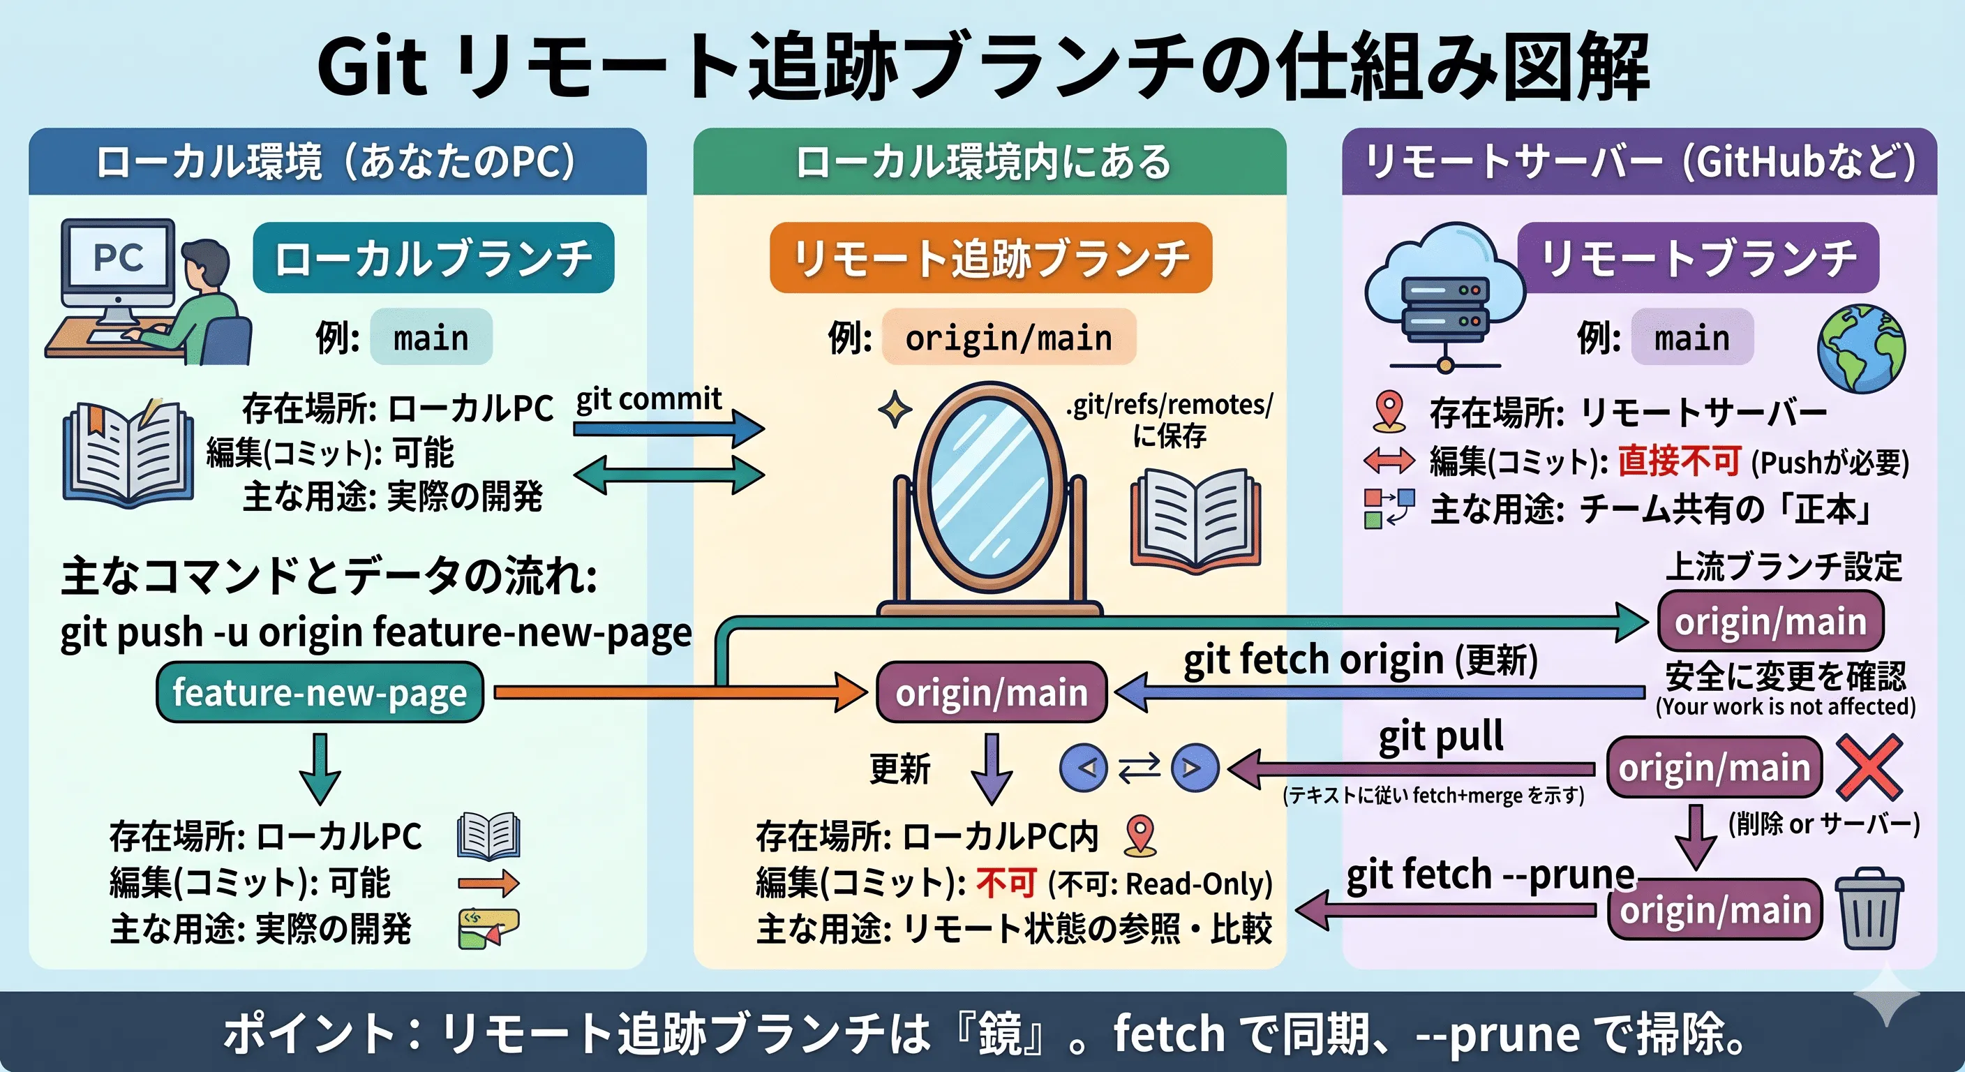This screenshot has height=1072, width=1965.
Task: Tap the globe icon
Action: [x=1861, y=348]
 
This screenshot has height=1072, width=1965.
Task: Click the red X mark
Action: [x=1869, y=767]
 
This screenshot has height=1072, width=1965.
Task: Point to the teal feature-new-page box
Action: [x=320, y=692]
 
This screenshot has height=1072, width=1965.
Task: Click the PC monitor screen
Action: [x=118, y=258]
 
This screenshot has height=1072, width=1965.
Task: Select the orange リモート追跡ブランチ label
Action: [x=990, y=258]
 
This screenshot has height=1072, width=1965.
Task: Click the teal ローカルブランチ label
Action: [x=433, y=258]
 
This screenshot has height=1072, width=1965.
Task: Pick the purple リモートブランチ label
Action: [x=1698, y=258]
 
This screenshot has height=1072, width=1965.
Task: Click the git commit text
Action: [x=648, y=399]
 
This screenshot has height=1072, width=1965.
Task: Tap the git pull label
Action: [x=1441, y=737]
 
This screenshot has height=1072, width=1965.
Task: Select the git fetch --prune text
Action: [x=1490, y=874]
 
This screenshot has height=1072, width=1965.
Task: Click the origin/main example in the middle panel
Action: [x=1008, y=337]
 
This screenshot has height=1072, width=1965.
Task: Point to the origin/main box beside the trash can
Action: [x=1714, y=909]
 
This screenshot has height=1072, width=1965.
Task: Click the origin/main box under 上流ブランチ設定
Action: [x=1770, y=621]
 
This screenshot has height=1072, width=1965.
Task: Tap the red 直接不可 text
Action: [x=1679, y=460]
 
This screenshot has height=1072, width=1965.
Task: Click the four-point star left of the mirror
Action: [x=895, y=410]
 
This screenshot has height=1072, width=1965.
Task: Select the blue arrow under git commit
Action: [x=668, y=428]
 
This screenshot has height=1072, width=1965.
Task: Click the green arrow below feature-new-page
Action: [x=320, y=768]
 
